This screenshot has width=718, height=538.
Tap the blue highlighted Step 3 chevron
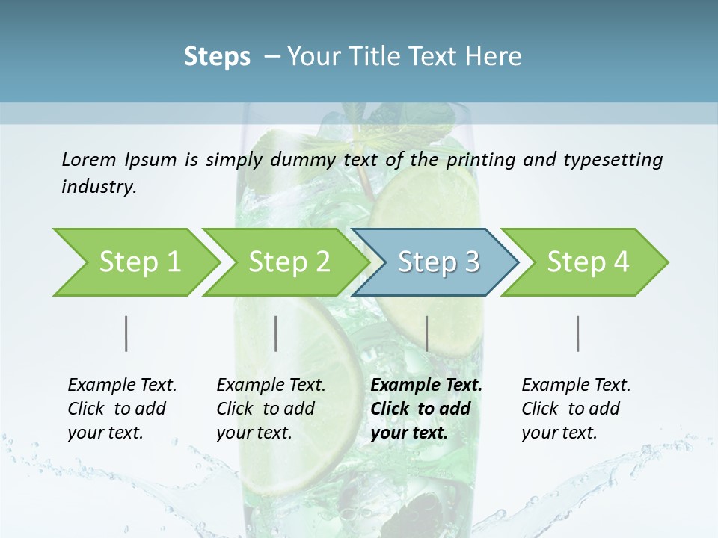438,262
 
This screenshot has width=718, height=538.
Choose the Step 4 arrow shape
588,262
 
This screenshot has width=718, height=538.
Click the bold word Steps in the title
217,57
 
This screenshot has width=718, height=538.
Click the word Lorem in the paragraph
88,159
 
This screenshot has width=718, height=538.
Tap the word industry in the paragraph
99,186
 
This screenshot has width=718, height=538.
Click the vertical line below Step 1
126,333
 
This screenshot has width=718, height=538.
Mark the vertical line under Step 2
276,333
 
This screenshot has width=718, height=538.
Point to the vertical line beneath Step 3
427,333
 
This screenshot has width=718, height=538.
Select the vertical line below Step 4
578,333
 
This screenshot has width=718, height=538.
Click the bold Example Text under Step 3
426,385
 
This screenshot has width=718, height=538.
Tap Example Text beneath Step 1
122,385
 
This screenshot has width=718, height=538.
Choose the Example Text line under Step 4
576,385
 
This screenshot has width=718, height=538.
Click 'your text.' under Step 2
254,433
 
